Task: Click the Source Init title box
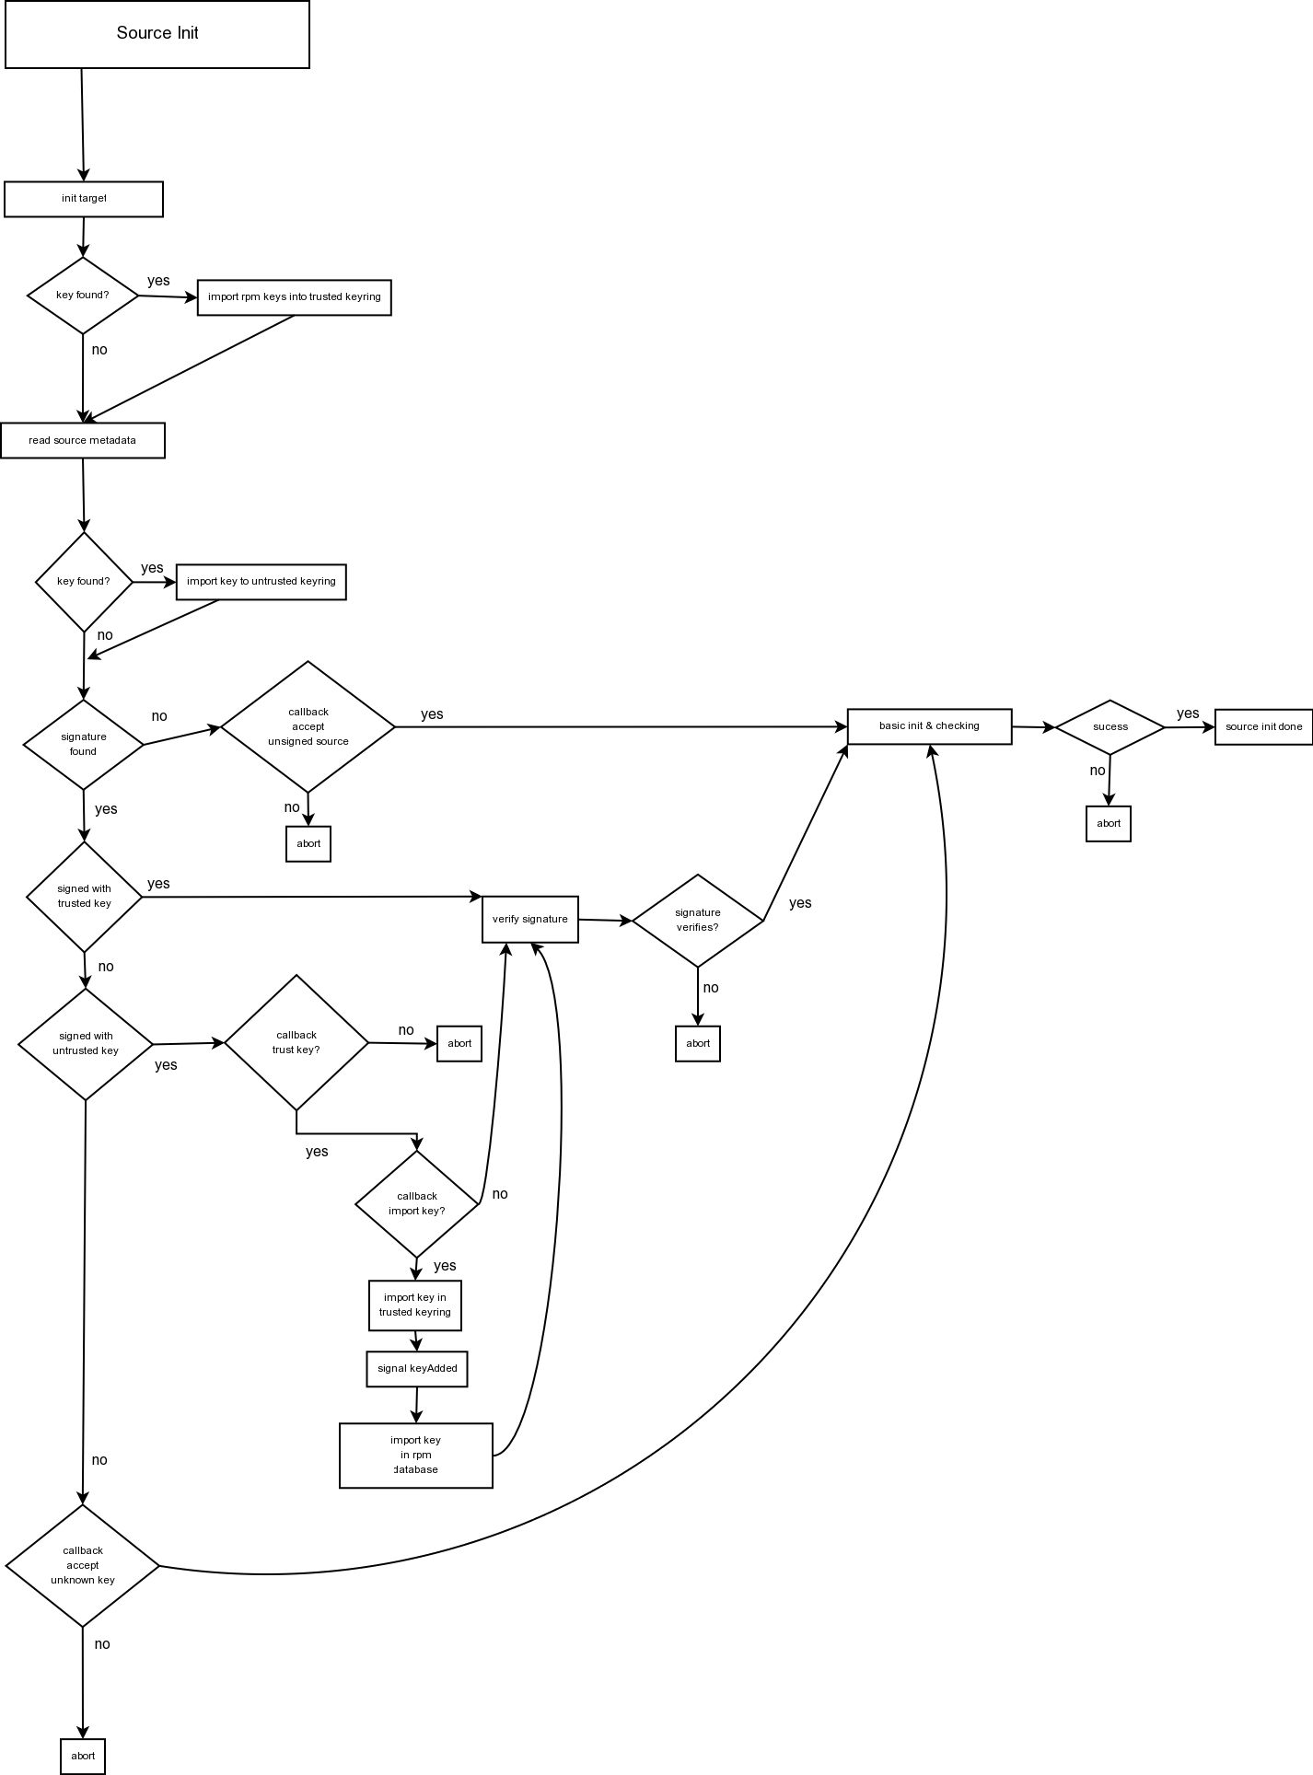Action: point(157,34)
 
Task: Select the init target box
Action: point(84,199)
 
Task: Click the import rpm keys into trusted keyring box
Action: point(295,297)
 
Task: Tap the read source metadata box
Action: point(83,441)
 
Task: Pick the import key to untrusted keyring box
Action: point(261,582)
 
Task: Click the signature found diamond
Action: point(84,744)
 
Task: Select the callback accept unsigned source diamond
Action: point(308,726)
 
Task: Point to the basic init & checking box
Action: point(929,726)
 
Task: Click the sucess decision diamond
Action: point(1110,727)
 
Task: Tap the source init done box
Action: point(1263,727)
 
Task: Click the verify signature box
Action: point(530,919)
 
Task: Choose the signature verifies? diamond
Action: point(698,920)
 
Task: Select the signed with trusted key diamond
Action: point(84,896)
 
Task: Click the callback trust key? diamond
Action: point(296,1042)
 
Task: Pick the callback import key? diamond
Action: point(417,1203)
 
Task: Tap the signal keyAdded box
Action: point(416,1368)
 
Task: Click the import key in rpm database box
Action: point(416,1455)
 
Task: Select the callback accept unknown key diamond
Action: point(83,1565)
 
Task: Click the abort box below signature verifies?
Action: point(698,1043)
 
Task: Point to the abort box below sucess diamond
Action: point(1109,824)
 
